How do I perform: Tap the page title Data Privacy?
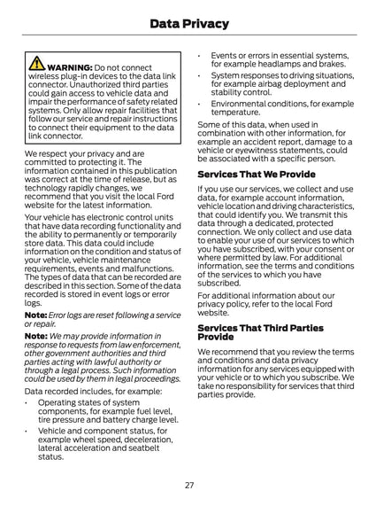183,23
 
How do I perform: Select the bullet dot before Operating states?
28,402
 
